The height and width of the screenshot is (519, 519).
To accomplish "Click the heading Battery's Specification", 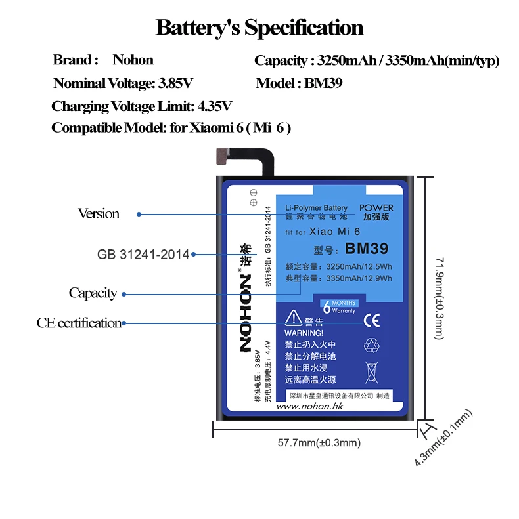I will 259,28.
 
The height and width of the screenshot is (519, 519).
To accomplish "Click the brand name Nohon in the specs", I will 133,60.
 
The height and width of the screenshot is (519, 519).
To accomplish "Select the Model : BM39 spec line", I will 299,83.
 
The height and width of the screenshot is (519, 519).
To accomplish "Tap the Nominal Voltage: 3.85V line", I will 124,83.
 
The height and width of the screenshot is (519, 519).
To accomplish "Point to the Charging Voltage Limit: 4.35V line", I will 141,106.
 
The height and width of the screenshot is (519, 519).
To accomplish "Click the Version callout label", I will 99,214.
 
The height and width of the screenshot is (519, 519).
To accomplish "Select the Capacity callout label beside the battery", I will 93,293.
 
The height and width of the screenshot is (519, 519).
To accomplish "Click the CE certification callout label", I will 79,323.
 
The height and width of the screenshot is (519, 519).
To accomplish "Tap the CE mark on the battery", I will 372,320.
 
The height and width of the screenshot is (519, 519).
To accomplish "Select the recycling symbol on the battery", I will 372,344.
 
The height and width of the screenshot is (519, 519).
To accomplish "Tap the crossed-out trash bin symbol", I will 372,372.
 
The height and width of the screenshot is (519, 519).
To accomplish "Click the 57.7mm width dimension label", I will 319,443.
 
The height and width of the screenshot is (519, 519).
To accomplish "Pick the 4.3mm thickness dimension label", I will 444,439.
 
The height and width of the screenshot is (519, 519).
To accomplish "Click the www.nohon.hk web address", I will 310,407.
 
